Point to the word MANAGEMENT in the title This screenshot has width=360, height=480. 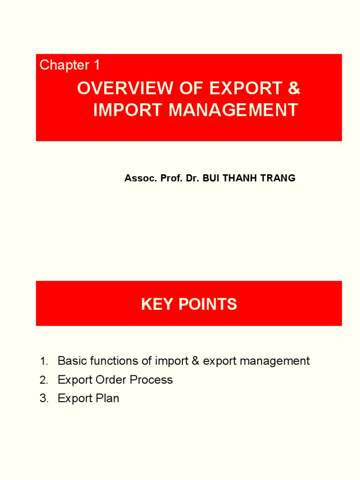[x=233, y=110]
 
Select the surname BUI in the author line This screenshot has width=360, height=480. [x=209, y=179]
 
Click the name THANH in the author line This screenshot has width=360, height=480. [x=238, y=179]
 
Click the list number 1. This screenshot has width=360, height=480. [x=44, y=361]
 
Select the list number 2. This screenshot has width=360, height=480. [x=44, y=380]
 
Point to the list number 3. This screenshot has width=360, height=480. [x=44, y=399]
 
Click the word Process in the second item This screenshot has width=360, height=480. [x=151, y=380]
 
